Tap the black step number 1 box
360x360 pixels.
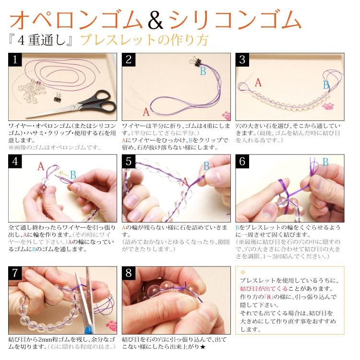[x=16, y=60]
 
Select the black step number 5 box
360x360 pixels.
[x=129, y=162]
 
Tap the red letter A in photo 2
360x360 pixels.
[x=146, y=114]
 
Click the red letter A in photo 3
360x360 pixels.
[x=258, y=83]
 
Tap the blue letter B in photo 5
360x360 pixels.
[x=206, y=166]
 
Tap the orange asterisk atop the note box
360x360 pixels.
[x=243, y=272]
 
